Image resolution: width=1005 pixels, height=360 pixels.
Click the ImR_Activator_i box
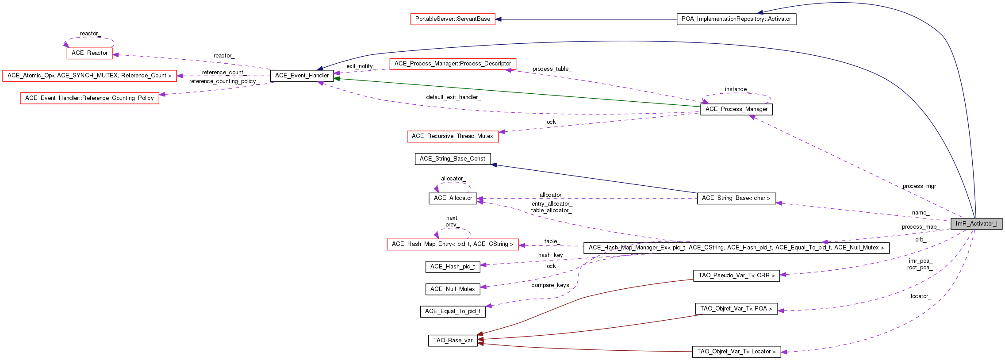coord(976,224)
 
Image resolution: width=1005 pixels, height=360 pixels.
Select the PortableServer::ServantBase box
coord(453,19)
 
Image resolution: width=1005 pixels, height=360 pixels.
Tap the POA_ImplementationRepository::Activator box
coord(736,19)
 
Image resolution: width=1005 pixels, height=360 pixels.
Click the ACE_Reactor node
coord(89,53)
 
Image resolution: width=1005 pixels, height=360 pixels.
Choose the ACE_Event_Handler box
coord(302,76)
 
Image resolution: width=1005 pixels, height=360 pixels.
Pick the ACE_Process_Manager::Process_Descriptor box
coord(453,64)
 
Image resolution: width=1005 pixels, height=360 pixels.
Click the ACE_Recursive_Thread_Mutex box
coord(453,136)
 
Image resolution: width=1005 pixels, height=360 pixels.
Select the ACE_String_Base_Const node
coord(453,159)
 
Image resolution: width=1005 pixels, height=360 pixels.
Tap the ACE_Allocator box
coord(453,198)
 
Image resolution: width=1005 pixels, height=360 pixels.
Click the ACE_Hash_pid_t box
coord(453,267)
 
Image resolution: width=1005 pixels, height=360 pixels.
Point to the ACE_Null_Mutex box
coord(453,289)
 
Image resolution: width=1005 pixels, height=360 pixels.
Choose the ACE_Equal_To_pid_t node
coord(453,311)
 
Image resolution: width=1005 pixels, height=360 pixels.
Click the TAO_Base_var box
coord(453,341)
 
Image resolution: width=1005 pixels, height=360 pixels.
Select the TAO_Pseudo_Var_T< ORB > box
coord(736,276)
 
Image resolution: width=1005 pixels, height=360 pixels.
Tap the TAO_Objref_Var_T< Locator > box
coord(736,352)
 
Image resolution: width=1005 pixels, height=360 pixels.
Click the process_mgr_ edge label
coord(921,186)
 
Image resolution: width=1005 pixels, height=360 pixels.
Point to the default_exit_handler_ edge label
coord(453,97)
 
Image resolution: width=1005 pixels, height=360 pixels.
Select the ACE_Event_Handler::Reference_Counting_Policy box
coord(89,98)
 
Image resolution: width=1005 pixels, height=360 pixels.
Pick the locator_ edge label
coord(921,296)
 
